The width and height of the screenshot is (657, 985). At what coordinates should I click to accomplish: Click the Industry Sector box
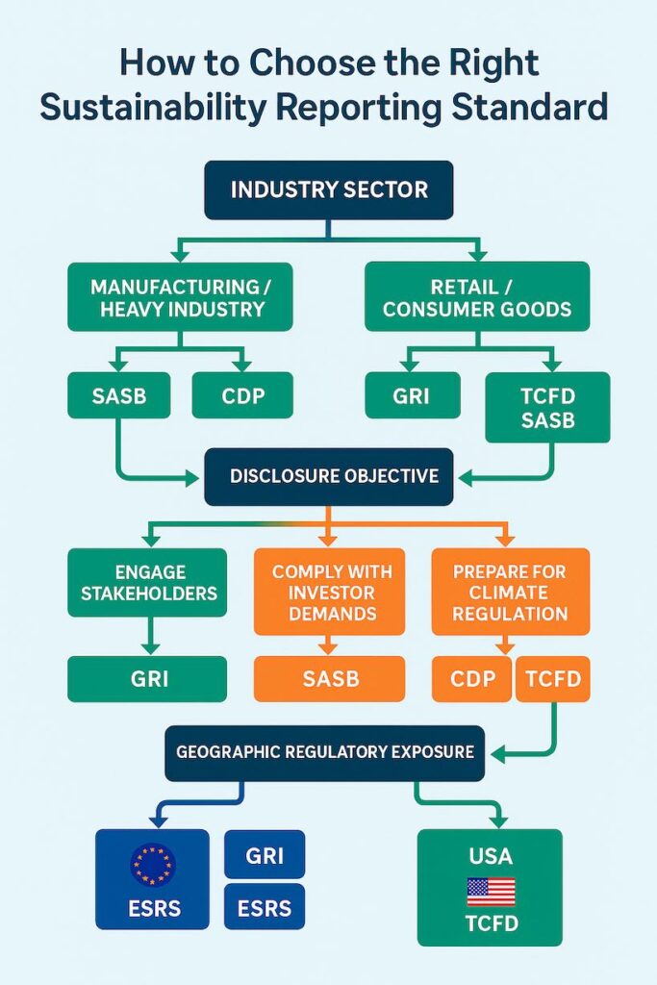(x=328, y=189)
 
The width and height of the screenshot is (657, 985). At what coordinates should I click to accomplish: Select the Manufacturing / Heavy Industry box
(x=181, y=297)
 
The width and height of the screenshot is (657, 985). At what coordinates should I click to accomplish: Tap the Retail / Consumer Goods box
(x=477, y=297)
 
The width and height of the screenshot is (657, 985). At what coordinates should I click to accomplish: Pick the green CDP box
(x=242, y=394)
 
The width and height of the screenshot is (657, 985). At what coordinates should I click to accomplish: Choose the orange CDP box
(x=472, y=679)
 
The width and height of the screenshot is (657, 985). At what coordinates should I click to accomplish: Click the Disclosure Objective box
(x=328, y=476)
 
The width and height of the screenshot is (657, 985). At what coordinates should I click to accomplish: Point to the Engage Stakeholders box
(x=148, y=582)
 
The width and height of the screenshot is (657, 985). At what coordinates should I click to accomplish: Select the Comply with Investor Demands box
(x=329, y=592)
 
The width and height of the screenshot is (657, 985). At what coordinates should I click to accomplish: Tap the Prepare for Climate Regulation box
(x=510, y=592)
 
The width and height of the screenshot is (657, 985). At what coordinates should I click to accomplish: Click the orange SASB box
(x=329, y=678)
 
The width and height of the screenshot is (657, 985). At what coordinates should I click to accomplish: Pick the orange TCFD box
(x=553, y=679)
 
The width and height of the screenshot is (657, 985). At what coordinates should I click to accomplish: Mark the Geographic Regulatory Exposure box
(x=325, y=751)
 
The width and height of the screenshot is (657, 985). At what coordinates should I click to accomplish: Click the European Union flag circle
(x=152, y=864)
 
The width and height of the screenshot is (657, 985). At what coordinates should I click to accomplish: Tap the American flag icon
(x=490, y=892)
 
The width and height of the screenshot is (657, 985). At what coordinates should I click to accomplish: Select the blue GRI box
(x=264, y=854)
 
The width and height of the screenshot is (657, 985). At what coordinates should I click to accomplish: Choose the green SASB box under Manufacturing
(x=118, y=394)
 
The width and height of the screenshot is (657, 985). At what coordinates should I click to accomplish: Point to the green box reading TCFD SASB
(x=546, y=407)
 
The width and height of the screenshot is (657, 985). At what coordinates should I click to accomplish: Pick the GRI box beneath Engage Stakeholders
(x=147, y=678)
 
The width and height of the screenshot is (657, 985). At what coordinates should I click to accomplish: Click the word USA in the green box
(x=490, y=855)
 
